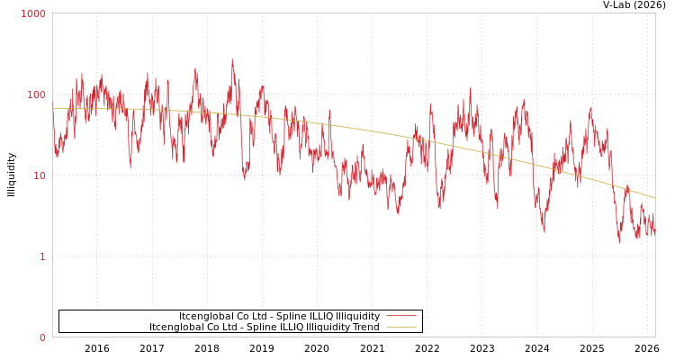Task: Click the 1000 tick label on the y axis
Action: pyautogui.click(x=33, y=13)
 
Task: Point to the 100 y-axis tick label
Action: pyautogui.click(x=35, y=94)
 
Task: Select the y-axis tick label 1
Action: pyautogui.click(x=41, y=256)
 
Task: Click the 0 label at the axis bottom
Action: pyautogui.click(x=41, y=337)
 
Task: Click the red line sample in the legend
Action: pyautogui.click(x=400, y=316)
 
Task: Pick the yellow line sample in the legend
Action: pyautogui.click(x=400, y=327)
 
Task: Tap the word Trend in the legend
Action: pyautogui.click(x=364, y=327)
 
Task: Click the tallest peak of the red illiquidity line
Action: pyautogui.click(x=231, y=60)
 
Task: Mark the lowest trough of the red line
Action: pyautogui.click(x=619, y=243)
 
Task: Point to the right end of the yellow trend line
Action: pyautogui.click(x=654, y=198)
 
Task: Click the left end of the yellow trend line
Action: pyautogui.click(x=53, y=109)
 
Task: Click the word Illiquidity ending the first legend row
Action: pyautogui.click(x=357, y=316)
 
